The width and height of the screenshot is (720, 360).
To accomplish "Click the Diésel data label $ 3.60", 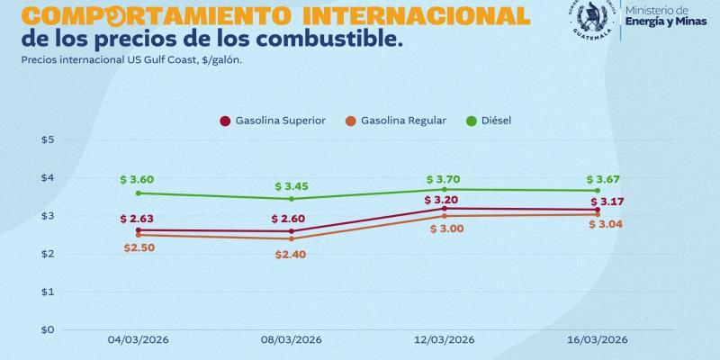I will (138, 180).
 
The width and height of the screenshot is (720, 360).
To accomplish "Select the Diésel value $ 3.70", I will (443, 179).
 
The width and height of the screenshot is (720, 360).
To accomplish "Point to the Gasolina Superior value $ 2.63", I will (138, 219).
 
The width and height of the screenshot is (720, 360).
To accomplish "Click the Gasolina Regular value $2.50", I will (138, 247).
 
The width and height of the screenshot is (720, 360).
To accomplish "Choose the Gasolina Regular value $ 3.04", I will (605, 224).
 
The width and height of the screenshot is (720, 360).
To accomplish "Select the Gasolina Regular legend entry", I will (396, 121).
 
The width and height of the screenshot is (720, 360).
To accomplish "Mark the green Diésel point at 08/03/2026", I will (292, 199).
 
